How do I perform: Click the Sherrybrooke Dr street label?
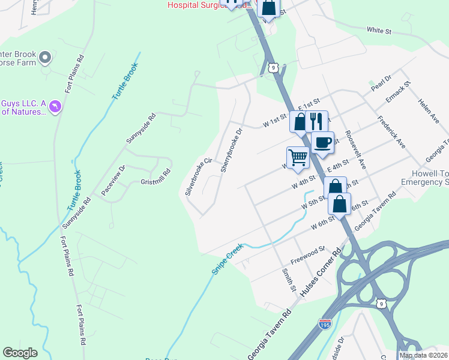click(x=231, y=150)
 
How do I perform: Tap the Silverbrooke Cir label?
click(x=199, y=176)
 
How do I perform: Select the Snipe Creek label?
click(x=228, y=259)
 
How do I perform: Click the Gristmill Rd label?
click(x=155, y=171)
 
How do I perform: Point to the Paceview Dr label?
click(x=112, y=180)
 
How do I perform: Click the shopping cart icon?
click(x=297, y=157)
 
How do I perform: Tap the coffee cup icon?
click(x=322, y=142)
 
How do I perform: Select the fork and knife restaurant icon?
click(x=316, y=121)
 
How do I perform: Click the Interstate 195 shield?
click(x=325, y=324)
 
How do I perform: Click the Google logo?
click(x=20, y=352)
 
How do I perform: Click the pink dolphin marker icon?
click(x=55, y=106)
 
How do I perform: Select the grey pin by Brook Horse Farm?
click(x=44, y=58)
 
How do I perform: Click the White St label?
click(x=379, y=30)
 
